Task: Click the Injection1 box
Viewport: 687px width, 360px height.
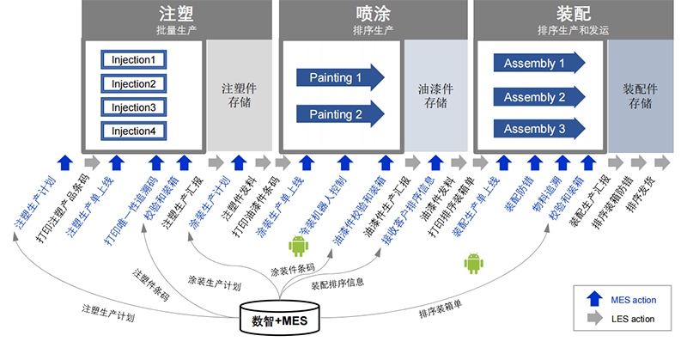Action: point(133,60)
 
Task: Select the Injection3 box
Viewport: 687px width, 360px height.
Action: point(133,107)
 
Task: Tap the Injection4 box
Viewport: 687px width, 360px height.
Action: point(133,131)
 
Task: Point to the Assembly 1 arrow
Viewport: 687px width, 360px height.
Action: point(539,64)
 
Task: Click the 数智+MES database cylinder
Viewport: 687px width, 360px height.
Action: point(278,320)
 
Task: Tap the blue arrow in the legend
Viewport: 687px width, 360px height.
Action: point(594,300)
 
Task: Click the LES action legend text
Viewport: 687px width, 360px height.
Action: point(634,319)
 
